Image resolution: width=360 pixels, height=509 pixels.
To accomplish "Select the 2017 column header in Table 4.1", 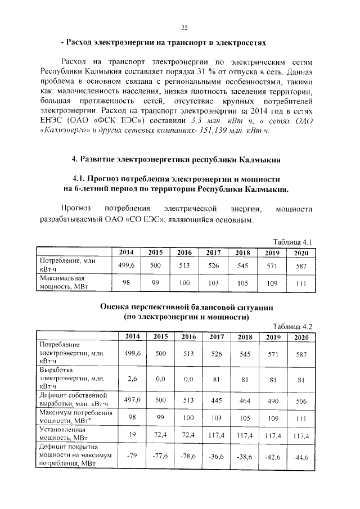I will coord(213,252).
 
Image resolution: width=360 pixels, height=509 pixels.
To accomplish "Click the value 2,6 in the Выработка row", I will coord(133,379).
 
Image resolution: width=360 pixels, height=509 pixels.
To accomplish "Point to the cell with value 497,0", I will coord(133,399).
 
